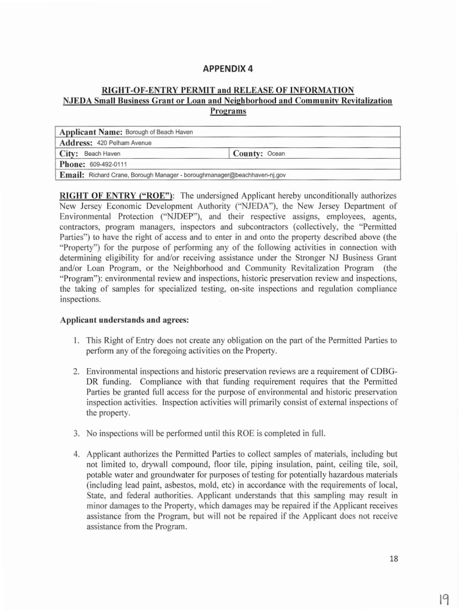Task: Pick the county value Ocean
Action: point(277,154)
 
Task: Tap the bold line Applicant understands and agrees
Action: point(125,320)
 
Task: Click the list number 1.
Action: point(76,341)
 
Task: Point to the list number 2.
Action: point(76,371)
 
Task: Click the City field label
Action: point(70,153)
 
